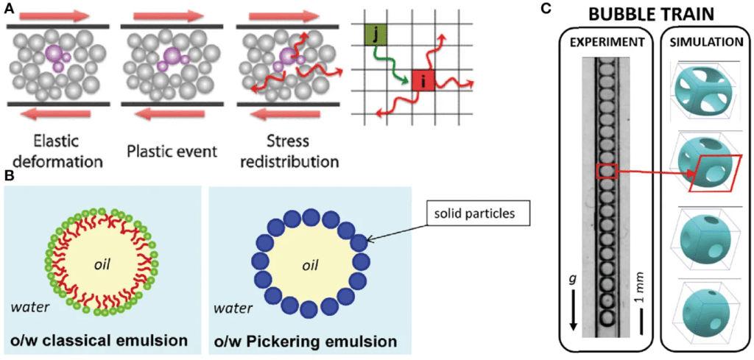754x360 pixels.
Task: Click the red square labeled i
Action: coord(423,80)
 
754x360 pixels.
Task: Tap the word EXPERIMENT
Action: coord(607,43)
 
